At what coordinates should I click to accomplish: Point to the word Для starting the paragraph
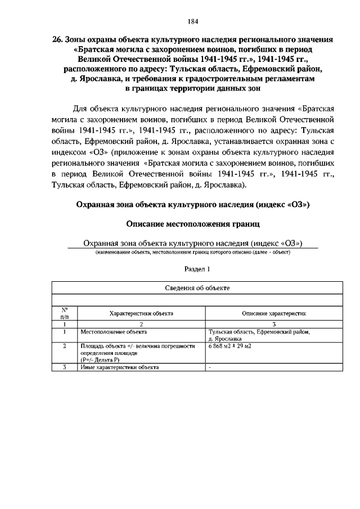(x=83, y=108)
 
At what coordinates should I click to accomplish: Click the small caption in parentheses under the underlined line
(x=192, y=253)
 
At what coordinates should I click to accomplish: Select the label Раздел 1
(x=192, y=269)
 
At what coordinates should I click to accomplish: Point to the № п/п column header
(x=65, y=313)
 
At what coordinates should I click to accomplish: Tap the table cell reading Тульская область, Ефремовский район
(x=259, y=332)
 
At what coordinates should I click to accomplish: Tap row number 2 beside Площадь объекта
(x=65, y=346)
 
